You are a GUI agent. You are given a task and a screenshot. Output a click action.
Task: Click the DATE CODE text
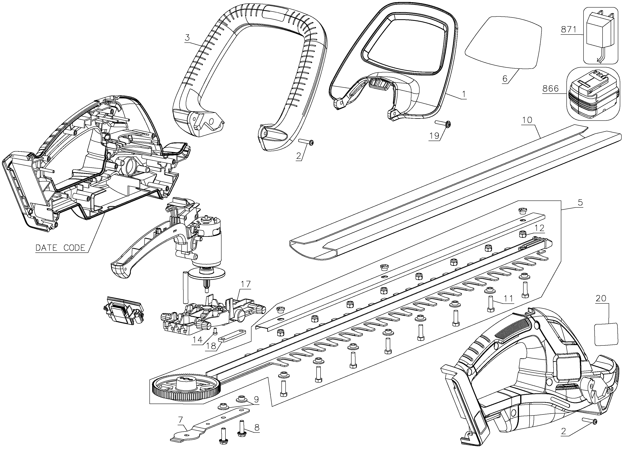60,248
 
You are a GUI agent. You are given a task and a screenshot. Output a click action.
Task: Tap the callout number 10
527,120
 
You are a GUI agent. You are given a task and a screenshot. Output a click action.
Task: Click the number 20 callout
601,298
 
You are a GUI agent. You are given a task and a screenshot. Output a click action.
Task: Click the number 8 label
257,427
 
